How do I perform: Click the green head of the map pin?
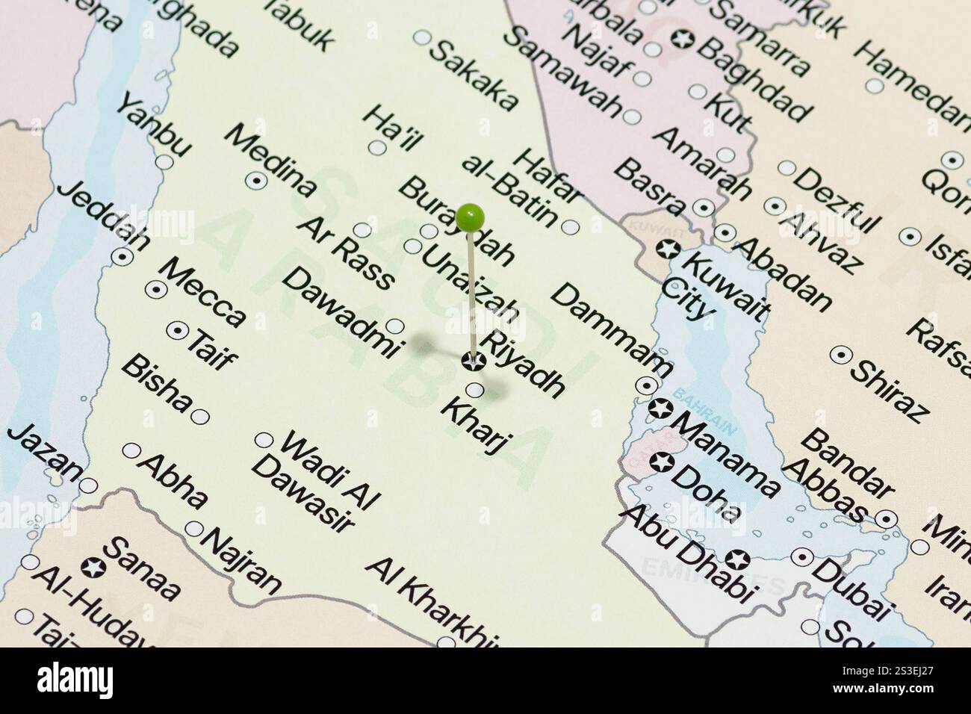click(x=471, y=217)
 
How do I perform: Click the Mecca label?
click(x=202, y=292)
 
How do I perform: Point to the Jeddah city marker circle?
click(x=122, y=256)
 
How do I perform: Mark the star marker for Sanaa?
click(x=95, y=566)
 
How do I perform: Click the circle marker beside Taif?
click(x=178, y=329)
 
